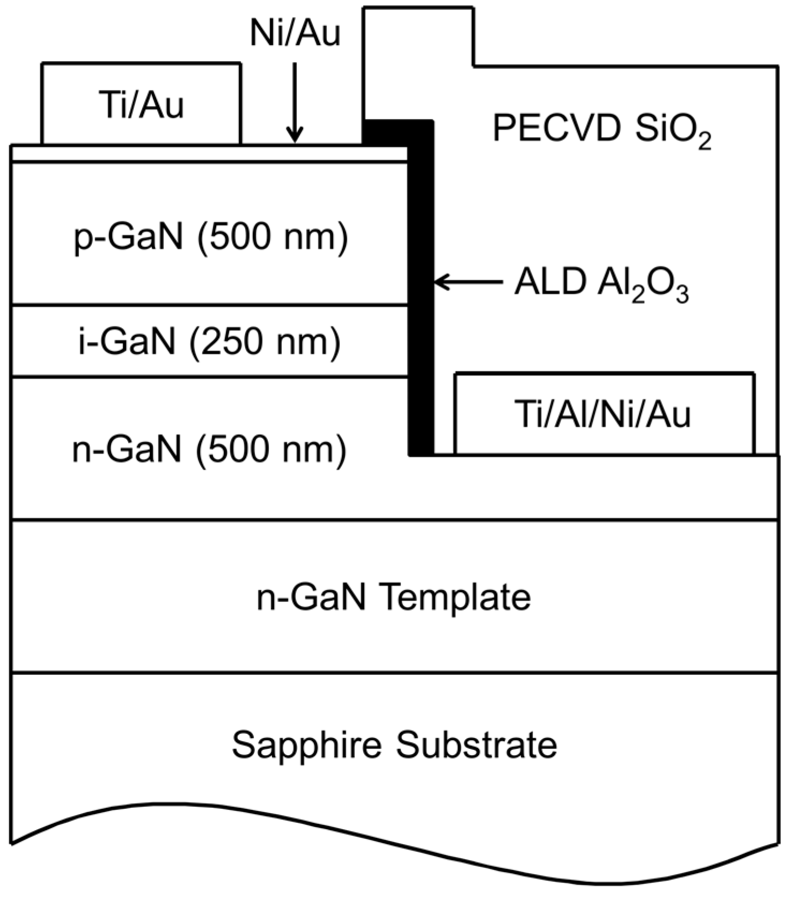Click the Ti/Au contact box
[x=141, y=104]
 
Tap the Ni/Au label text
[x=295, y=34]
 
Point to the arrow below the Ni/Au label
[x=294, y=102]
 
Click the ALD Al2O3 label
[x=601, y=284]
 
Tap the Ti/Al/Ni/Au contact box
[x=603, y=414]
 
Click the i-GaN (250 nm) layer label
[x=209, y=341]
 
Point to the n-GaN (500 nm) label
[x=209, y=449]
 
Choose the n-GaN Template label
[x=394, y=597]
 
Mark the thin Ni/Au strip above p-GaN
[x=209, y=153]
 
